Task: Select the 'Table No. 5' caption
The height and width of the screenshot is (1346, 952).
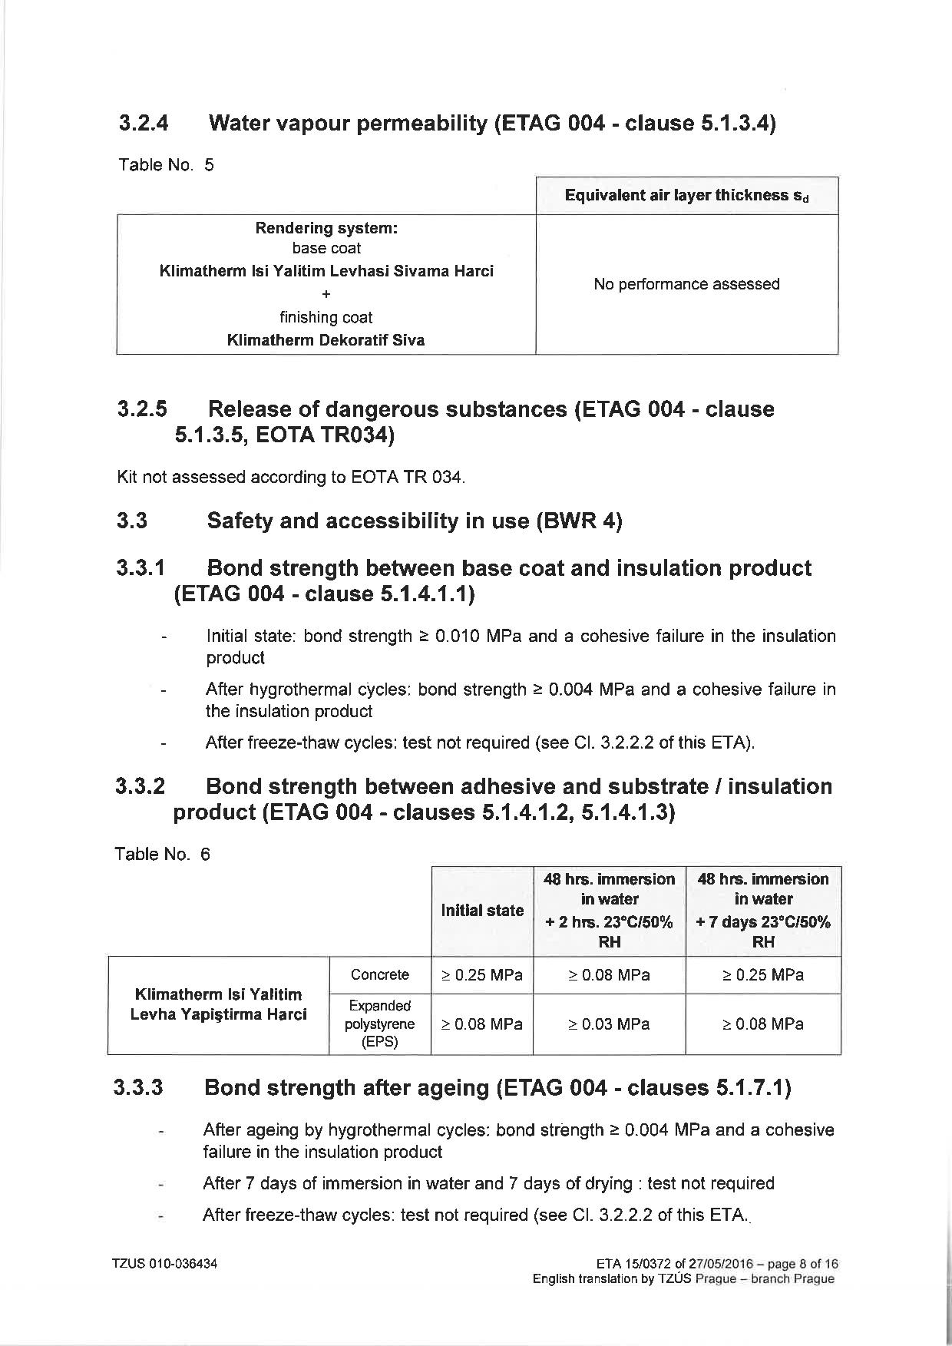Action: (x=166, y=165)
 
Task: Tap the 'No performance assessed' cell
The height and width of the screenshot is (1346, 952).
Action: (x=686, y=284)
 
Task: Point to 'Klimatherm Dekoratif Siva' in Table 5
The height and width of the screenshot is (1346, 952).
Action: (x=326, y=340)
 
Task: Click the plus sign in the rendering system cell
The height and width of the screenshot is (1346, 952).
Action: (x=326, y=294)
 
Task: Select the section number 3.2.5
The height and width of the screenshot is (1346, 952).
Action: (x=142, y=409)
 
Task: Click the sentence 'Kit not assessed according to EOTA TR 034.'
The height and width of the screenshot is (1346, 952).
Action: (x=291, y=477)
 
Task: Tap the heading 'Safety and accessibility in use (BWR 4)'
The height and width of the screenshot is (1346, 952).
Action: (x=415, y=521)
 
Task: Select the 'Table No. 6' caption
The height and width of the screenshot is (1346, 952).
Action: (x=162, y=855)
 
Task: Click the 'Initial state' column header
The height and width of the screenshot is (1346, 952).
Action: (x=482, y=911)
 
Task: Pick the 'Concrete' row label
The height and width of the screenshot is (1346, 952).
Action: (x=379, y=975)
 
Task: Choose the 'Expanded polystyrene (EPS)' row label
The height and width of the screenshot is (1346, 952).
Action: (x=379, y=1024)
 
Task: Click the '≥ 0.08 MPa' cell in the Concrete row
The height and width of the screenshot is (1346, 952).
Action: (x=609, y=975)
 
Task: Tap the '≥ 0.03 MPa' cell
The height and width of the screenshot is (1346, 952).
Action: (x=609, y=1024)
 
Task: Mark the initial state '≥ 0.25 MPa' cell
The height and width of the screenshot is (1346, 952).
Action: (x=482, y=975)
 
